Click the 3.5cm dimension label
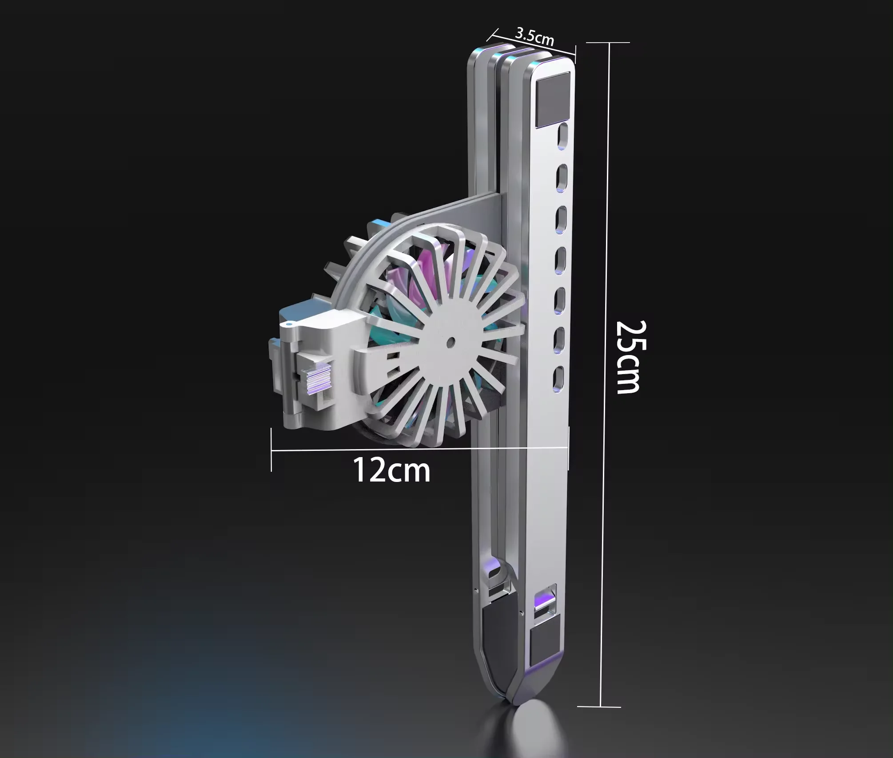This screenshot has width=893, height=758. [534, 36]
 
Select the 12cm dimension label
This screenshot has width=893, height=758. [391, 470]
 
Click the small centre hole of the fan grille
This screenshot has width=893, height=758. [451, 342]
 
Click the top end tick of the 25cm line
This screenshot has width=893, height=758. [608, 43]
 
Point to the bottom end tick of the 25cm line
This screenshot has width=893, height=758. [600, 707]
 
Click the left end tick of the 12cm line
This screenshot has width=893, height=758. [271, 450]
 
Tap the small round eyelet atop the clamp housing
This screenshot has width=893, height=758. [289, 324]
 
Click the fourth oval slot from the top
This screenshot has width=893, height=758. [561, 257]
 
